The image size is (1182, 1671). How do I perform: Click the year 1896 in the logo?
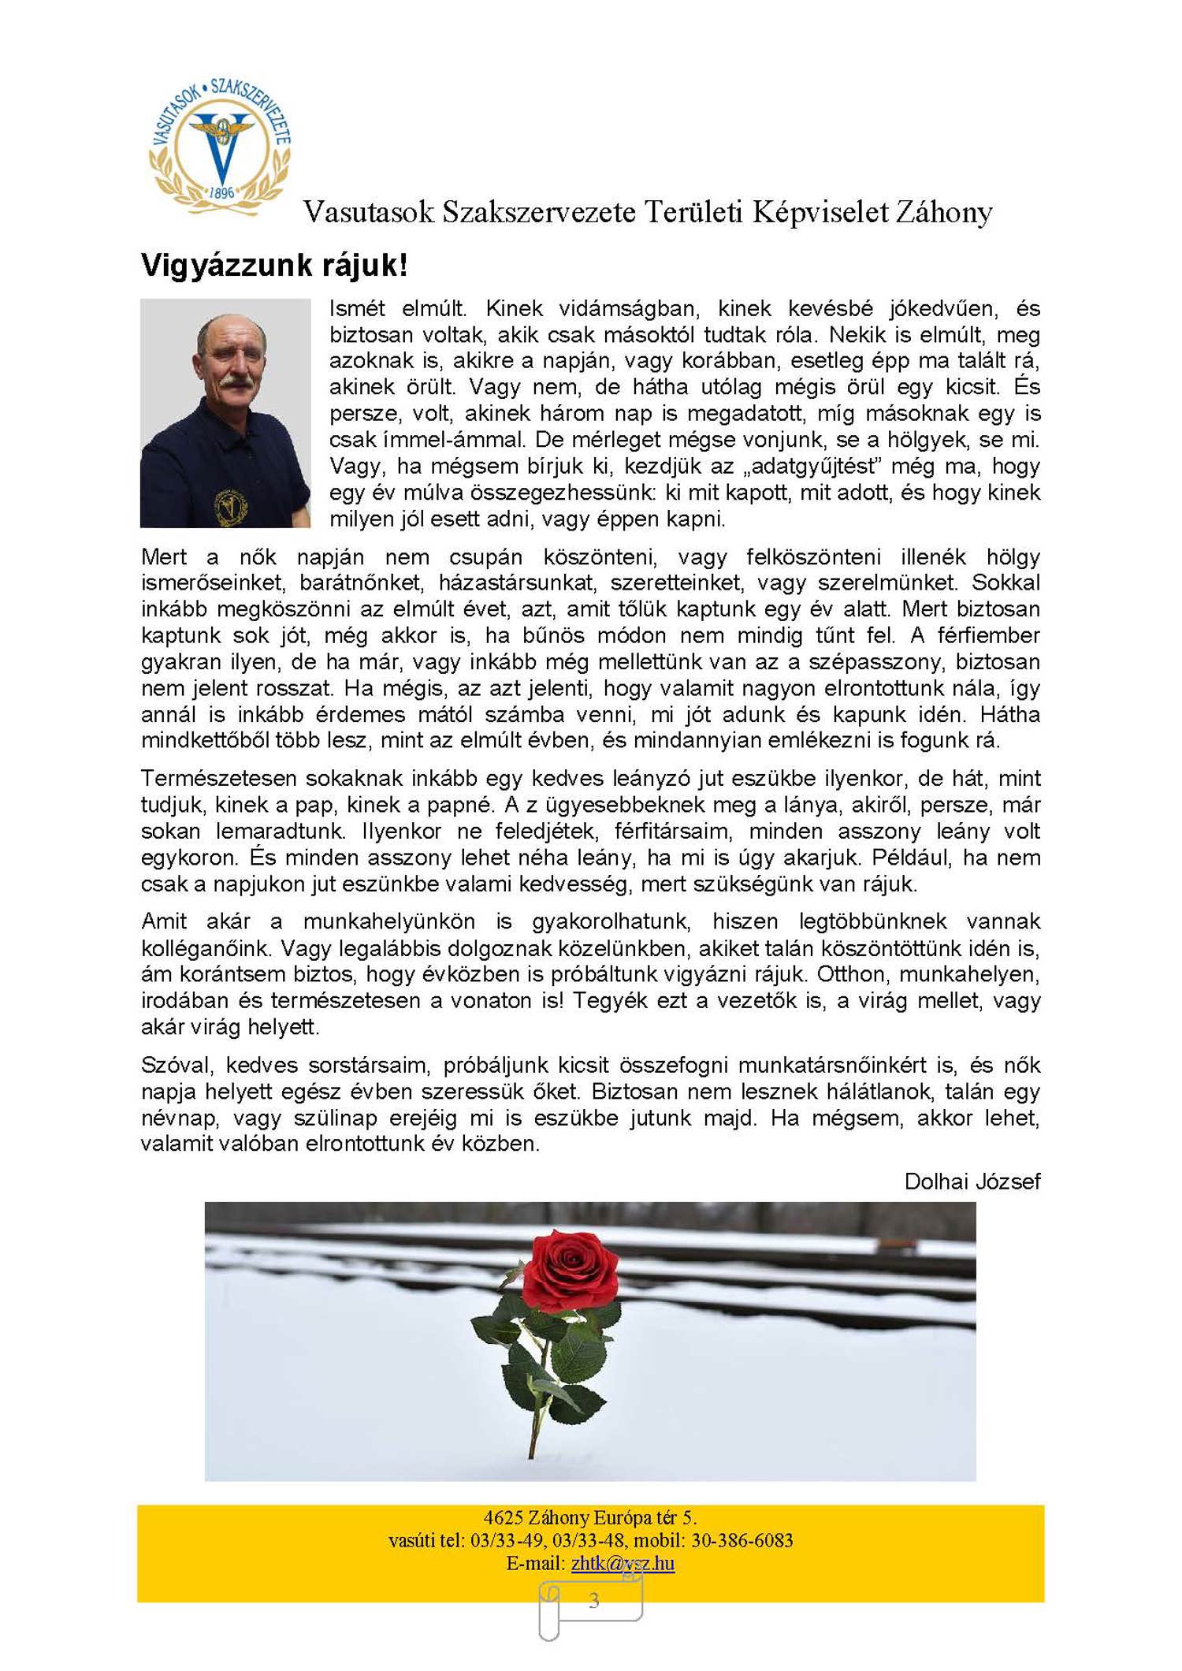221,192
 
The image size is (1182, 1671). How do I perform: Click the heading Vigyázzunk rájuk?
274,266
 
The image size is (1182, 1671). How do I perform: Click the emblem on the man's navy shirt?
230,506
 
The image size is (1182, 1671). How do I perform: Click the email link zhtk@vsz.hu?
623,1563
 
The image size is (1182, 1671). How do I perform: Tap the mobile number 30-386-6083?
742,1540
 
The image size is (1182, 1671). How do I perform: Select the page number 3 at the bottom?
594,1601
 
